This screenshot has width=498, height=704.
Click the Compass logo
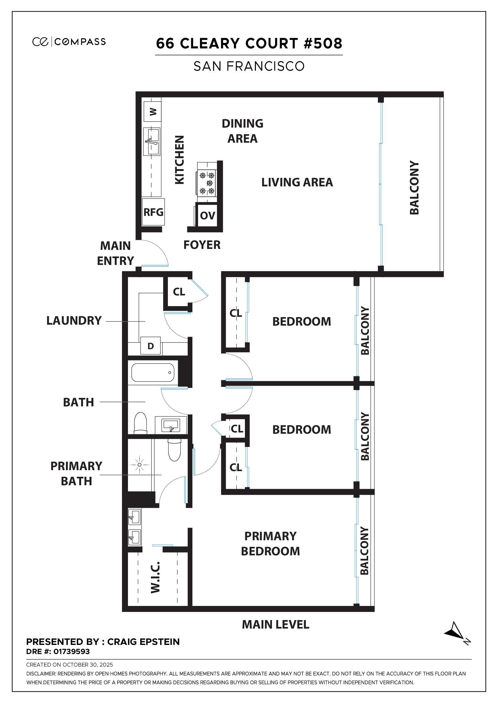69,41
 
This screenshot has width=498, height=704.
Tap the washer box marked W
152,111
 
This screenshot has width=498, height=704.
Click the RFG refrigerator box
153,212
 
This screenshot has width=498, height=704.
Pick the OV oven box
207,216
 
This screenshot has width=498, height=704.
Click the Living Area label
297,182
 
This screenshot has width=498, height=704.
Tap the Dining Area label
242,131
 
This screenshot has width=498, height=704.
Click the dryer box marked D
151,346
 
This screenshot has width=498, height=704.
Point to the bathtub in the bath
152,373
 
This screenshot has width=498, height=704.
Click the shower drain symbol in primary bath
139,464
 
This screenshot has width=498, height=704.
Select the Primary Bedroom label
270,543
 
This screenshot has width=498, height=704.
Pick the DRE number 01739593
71,652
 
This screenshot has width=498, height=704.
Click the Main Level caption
275,624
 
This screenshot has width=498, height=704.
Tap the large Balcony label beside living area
414,188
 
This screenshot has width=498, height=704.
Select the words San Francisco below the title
249,66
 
